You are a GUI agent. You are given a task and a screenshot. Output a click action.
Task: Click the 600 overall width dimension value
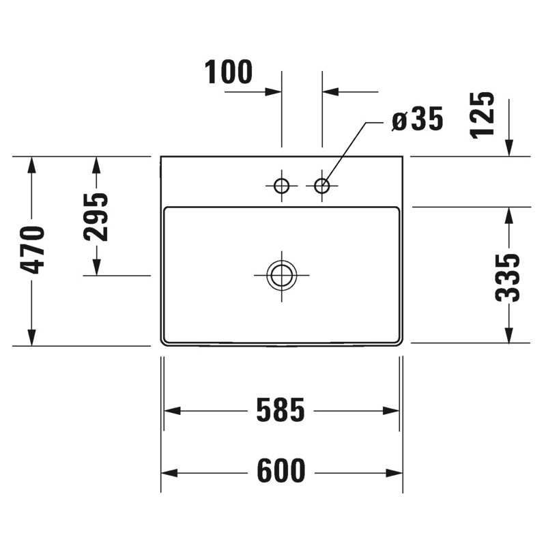[x=281, y=472]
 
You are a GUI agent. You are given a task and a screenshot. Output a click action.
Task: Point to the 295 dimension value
[x=96, y=217]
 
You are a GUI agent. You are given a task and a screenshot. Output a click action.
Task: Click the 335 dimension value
[x=508, y=277]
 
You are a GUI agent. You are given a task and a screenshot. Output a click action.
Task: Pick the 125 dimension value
[x=483, y=115]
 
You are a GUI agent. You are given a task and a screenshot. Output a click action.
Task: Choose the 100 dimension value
[x=229, y=72]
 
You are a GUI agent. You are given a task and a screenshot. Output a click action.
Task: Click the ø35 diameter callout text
[x=418, y=120]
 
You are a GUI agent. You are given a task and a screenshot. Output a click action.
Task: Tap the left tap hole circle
[x=281, y=185]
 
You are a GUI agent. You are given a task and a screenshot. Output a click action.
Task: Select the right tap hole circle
[x=322, y=185]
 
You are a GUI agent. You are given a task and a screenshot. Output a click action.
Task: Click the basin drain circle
[x=281, y=275]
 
